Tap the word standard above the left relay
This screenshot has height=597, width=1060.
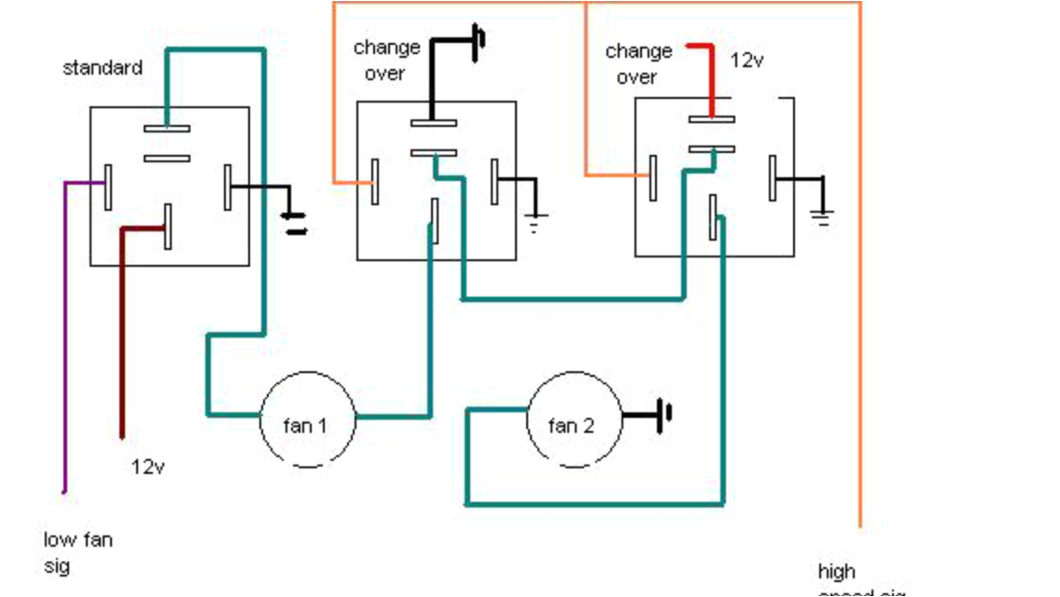click(x=103, y=68)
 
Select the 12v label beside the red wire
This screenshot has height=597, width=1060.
click(x=747, y=62)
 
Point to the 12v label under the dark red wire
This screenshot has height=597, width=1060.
click(x=148, y=465)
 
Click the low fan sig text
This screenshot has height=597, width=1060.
click(x=77, y=552)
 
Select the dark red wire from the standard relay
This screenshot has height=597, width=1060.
click(x=122, y=336)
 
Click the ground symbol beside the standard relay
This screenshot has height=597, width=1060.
click(x=295, y=223)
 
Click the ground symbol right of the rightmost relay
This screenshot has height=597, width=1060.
click(x=821, y=216)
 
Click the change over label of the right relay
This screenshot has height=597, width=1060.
click(x=638, y=63)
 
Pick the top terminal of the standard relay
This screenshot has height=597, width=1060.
click(x=167, y=128)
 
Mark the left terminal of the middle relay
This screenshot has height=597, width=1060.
click(x=375, y=181)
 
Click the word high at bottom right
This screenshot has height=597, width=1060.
click(x=837, y=571)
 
